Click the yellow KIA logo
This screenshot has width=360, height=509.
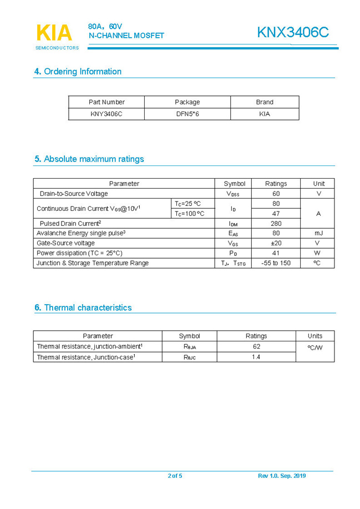click(x=54, y=33)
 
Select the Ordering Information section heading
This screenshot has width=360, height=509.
click(x=78, y=72)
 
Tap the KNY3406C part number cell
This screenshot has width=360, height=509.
click(x=106, y=114)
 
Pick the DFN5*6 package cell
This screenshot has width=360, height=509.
click(x=187, y=114)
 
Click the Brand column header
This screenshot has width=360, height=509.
click(x=264, y=102)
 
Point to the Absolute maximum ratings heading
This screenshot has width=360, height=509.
click(x=89, y=159)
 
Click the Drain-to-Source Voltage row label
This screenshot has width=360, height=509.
click(x=74, y=194)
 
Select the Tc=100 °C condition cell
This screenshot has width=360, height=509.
click(x=190, y=214)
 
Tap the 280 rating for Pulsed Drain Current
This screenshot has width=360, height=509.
click(x=276, y=223)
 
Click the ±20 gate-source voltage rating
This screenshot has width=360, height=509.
click(x=276, y=243)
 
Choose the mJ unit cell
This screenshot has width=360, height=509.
click(x=318, y=233)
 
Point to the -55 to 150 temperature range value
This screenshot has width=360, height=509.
click(x=276, y=263)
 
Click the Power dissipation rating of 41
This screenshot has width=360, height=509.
click(x=276, y=253)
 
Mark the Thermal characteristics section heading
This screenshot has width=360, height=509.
click(x=83, y=308)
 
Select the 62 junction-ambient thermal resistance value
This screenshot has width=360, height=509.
click(x=256, y=346)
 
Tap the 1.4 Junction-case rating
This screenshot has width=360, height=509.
click(x=256, y=357)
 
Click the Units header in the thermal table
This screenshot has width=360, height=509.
click(x=315, y=336)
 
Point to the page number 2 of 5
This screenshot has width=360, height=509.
click(x=175, y=476)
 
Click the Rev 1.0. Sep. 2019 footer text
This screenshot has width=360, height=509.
click(x=282, y=476)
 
